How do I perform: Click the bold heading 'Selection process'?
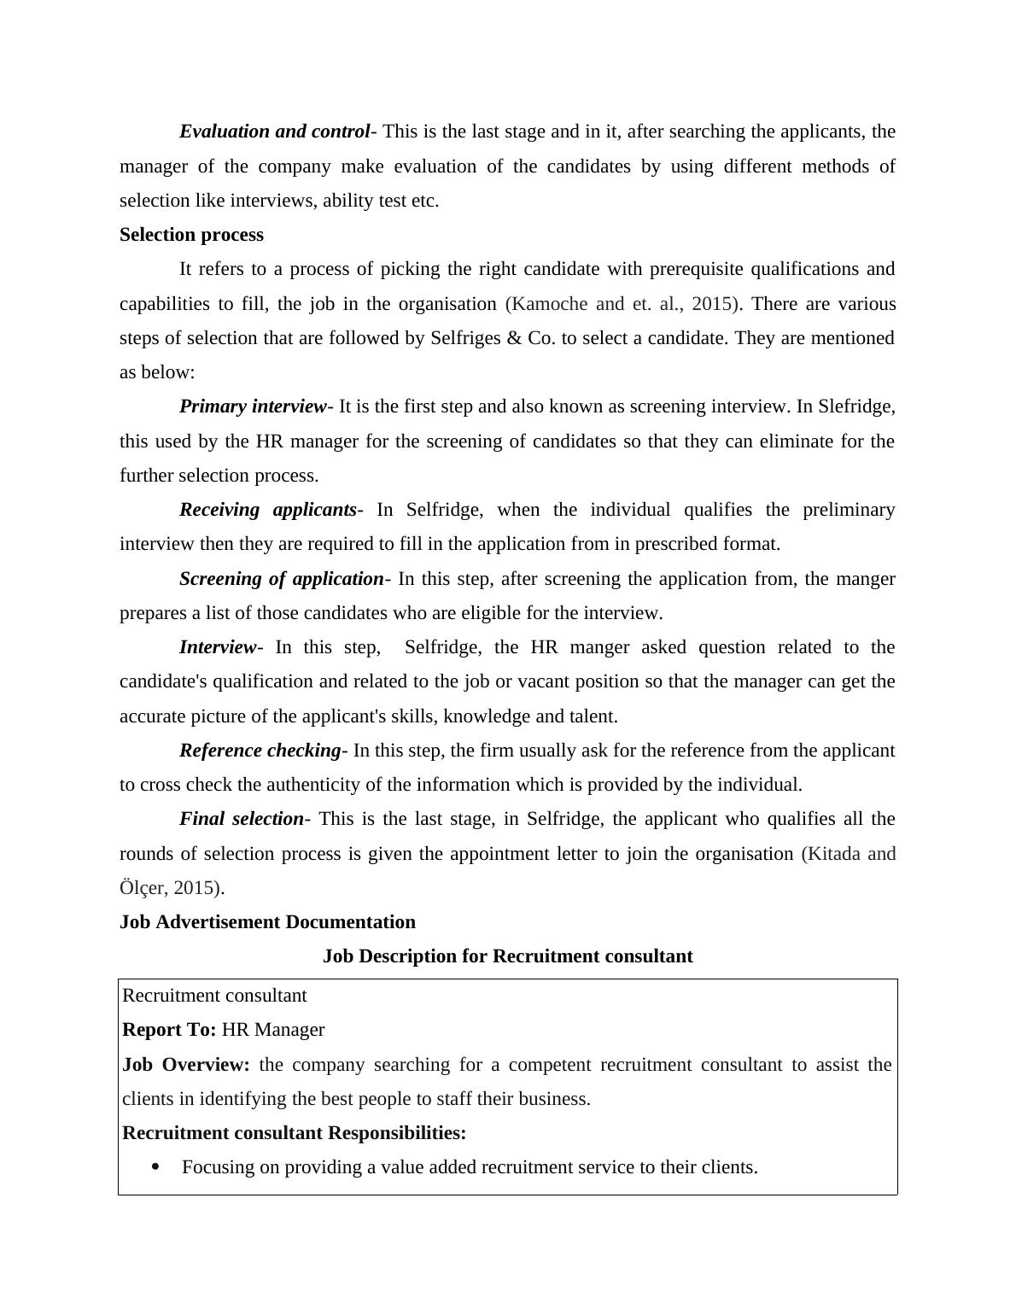click(x=191, y=235)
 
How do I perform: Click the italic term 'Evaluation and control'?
click(x=274, y=131)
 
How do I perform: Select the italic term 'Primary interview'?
click(x=253, y=406)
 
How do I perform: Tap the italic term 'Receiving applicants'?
click(x=267, y=510)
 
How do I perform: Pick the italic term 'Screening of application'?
click(x=281, y=579)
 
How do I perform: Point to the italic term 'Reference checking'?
click(x=260, y=751)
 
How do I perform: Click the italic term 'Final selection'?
click(x=241, y=819)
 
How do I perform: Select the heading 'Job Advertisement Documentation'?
click(x=267, y=922)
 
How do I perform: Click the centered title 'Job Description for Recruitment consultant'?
click(x=507, y=956)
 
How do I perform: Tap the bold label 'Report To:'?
click(x=169, y=1030)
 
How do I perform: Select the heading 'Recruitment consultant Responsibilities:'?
click(x=295, y=1133)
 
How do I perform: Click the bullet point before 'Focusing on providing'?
click(x=155, y=1167)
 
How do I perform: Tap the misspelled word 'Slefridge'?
click(x=856, y=406)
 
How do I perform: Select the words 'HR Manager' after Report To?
click(x=273, y=1030)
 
